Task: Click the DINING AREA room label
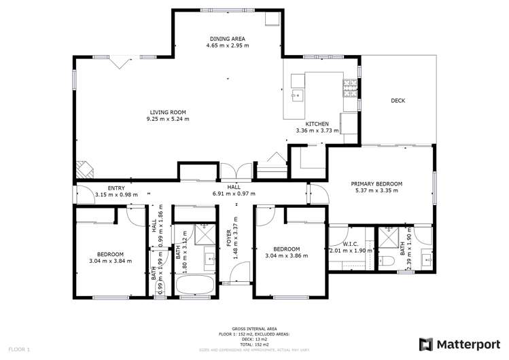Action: (228, 39)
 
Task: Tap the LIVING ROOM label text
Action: (168, 112)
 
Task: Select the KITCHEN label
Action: (317, 124)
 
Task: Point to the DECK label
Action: (398, 101)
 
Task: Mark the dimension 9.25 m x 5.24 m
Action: (168, 119)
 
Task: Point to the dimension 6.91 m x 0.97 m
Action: (234, 194)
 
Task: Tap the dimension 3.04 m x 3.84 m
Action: (110, 260)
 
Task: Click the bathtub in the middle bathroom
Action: (195, 285)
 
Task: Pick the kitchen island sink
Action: (297, 94)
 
